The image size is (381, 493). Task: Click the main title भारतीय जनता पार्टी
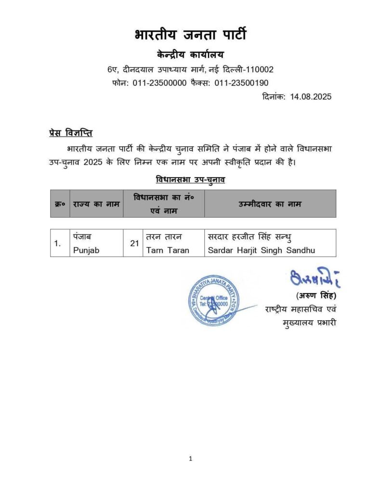click(190, 35)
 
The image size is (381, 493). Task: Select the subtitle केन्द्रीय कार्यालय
click(190, 54)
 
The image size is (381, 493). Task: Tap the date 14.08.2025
click(311, 96)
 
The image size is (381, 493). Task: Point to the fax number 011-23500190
click(241, 83)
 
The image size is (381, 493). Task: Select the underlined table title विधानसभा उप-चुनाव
click(191, 180)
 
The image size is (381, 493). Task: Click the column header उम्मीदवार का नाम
click(270, 204)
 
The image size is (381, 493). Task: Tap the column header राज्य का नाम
click(96, 204)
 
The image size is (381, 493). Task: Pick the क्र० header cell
click(60, 204)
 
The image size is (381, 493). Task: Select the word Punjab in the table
click(87, 250)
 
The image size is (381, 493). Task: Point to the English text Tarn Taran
click(168, 250)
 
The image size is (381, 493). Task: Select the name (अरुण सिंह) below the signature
click(313, 296)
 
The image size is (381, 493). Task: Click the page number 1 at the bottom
click(191, 459)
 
